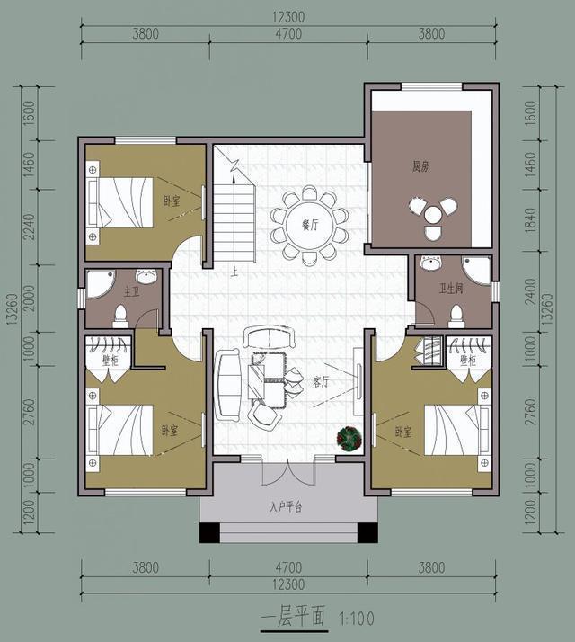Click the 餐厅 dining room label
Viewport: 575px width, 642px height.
point(310,225)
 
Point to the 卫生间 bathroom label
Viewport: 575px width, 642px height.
point(451,289)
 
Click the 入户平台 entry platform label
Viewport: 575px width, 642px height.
point(286,507)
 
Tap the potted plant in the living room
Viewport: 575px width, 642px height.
point(349,438)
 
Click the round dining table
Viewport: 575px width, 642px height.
point(310,222)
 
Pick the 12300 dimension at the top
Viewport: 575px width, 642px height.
point(287,17)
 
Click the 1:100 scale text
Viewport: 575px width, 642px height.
point(356,619)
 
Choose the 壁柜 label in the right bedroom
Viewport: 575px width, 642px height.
point(467,361)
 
